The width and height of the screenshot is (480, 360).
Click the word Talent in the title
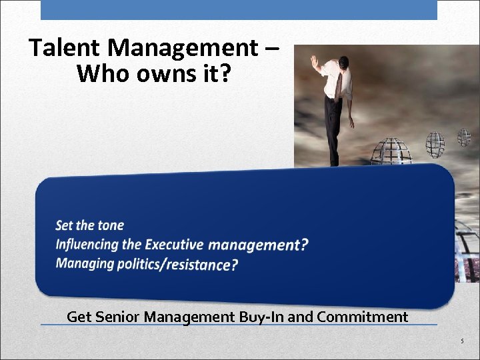point(65,48)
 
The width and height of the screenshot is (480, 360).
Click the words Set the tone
point(90,225)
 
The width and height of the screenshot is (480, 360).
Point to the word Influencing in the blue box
point(87,244)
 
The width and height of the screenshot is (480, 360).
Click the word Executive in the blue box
point(175,244)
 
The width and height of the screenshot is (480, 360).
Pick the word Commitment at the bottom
point(363,317)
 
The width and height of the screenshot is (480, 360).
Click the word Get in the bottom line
point(79,317)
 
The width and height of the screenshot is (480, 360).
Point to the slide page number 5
point(461,342)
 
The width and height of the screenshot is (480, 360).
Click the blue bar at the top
point(239,9)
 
